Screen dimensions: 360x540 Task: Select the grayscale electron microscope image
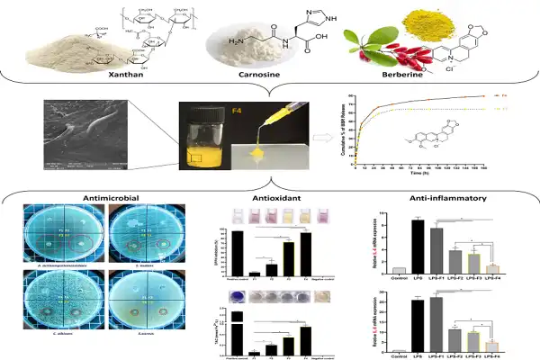pos(76,127)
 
